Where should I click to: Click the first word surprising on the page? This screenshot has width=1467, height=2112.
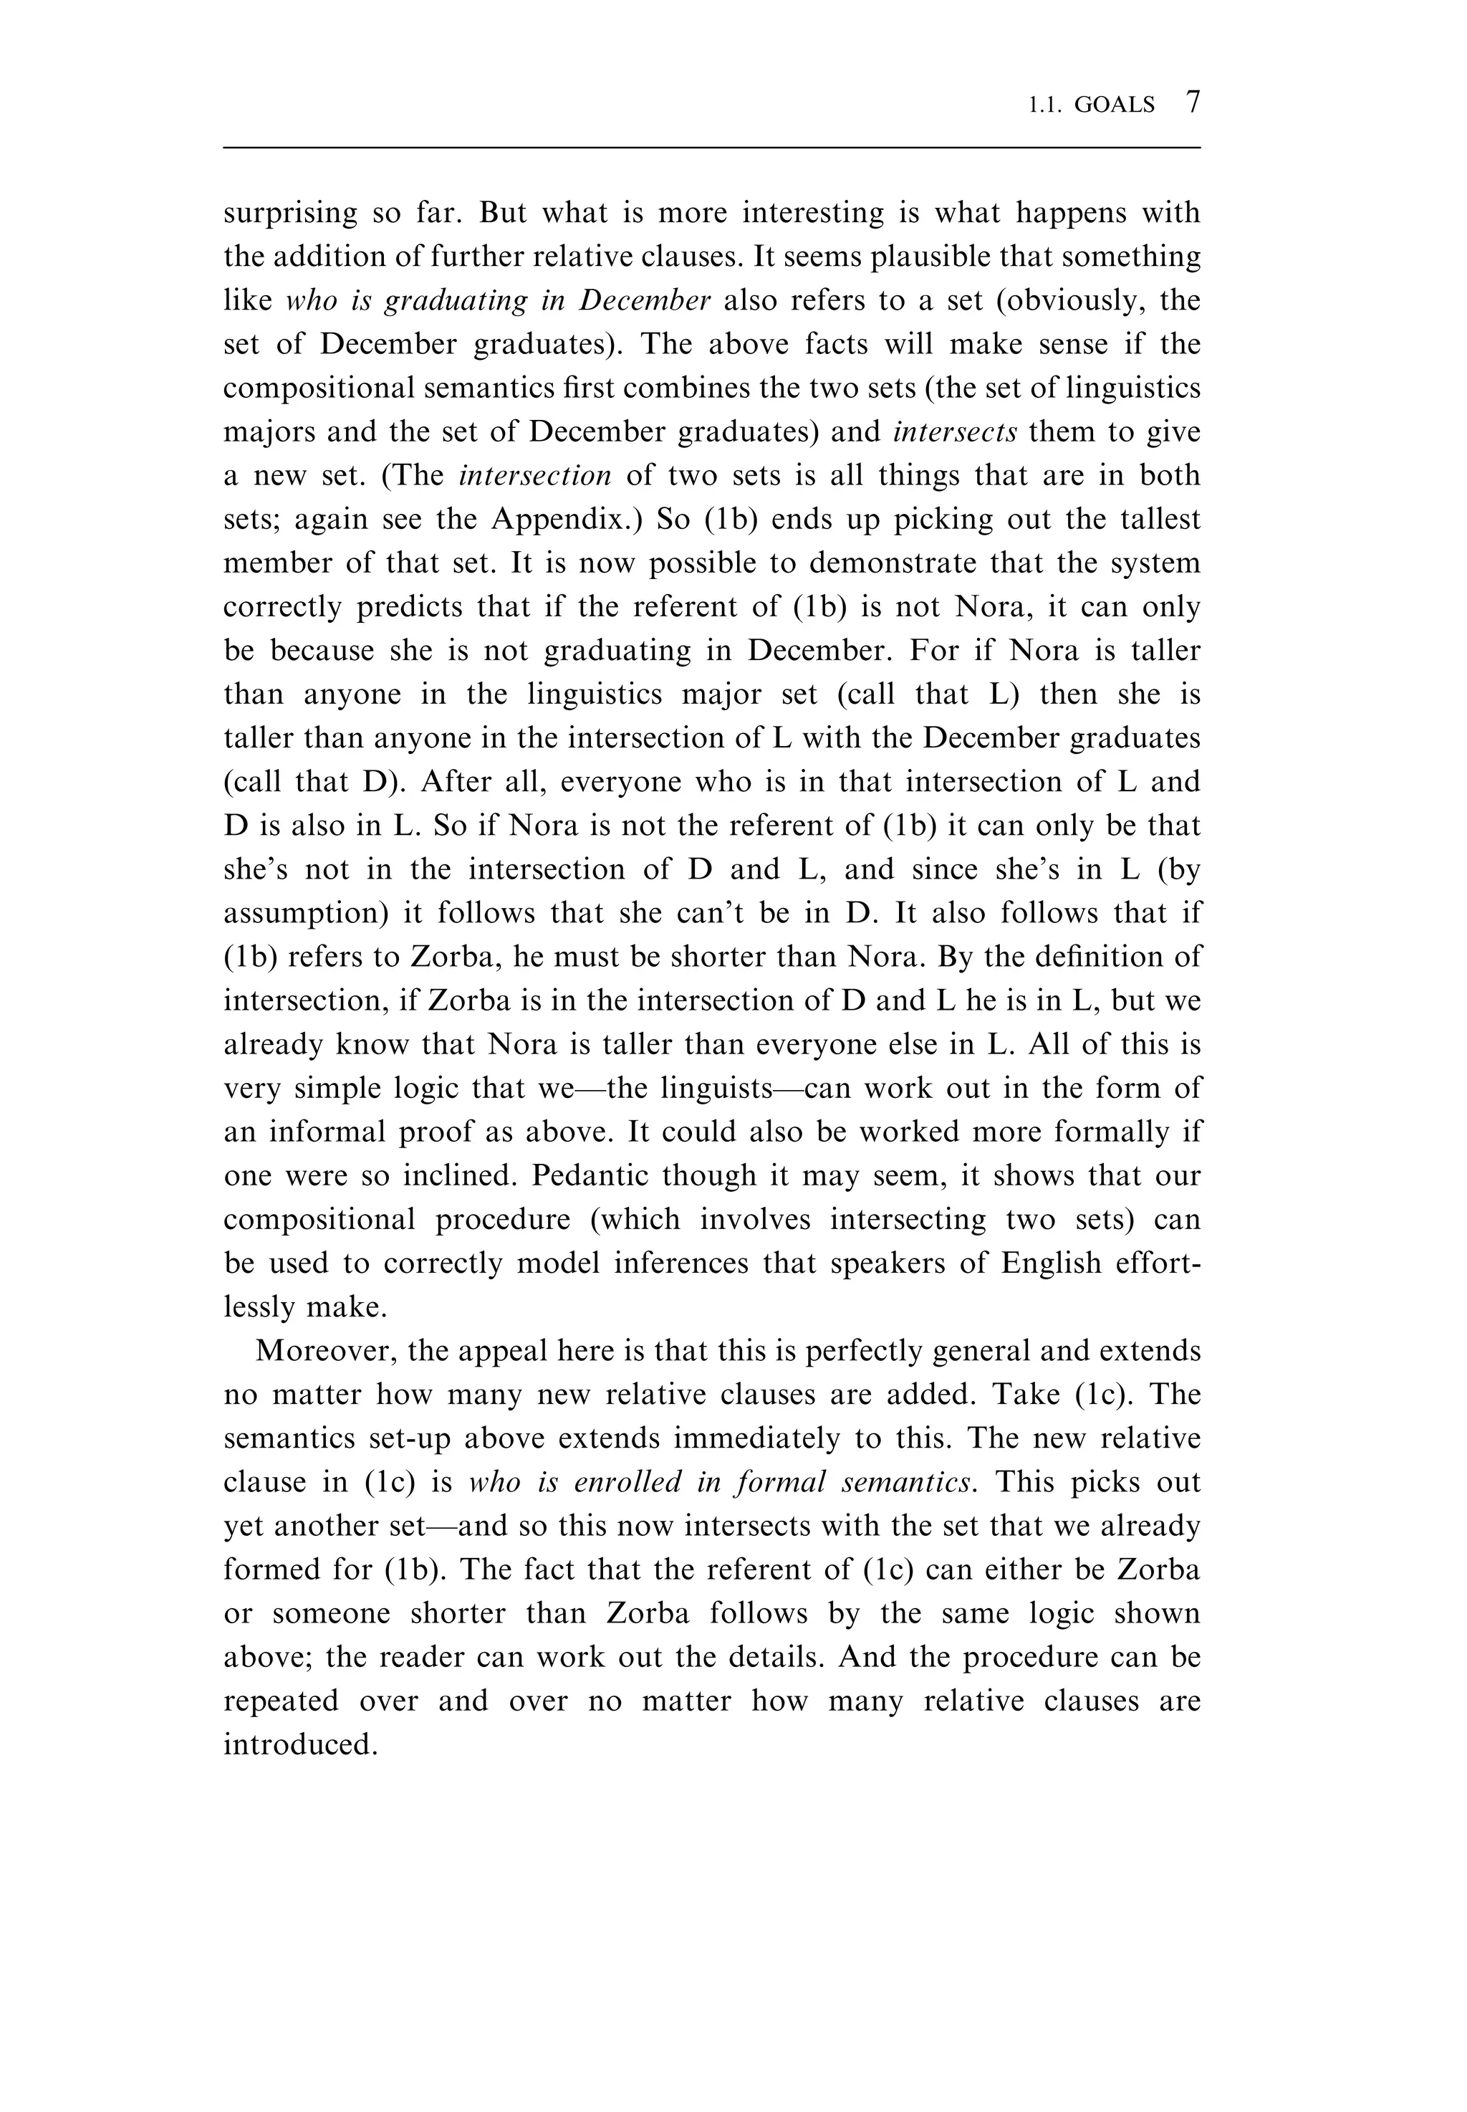coord(290,214)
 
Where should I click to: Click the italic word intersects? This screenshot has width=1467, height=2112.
coord(954,432)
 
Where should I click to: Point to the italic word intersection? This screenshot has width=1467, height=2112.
coord(535,475)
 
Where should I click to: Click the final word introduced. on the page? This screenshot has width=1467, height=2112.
coord(301,1745)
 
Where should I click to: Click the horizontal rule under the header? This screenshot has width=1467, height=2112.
coord(711,147)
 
